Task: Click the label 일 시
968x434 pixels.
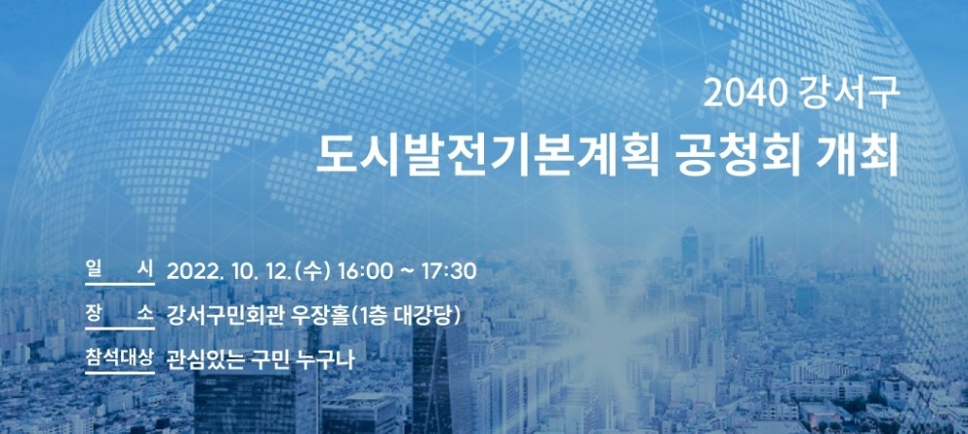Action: click(x=118, y=268)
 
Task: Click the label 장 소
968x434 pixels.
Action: click(x=118, y=313)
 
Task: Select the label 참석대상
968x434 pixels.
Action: click(x=118, y=358)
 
